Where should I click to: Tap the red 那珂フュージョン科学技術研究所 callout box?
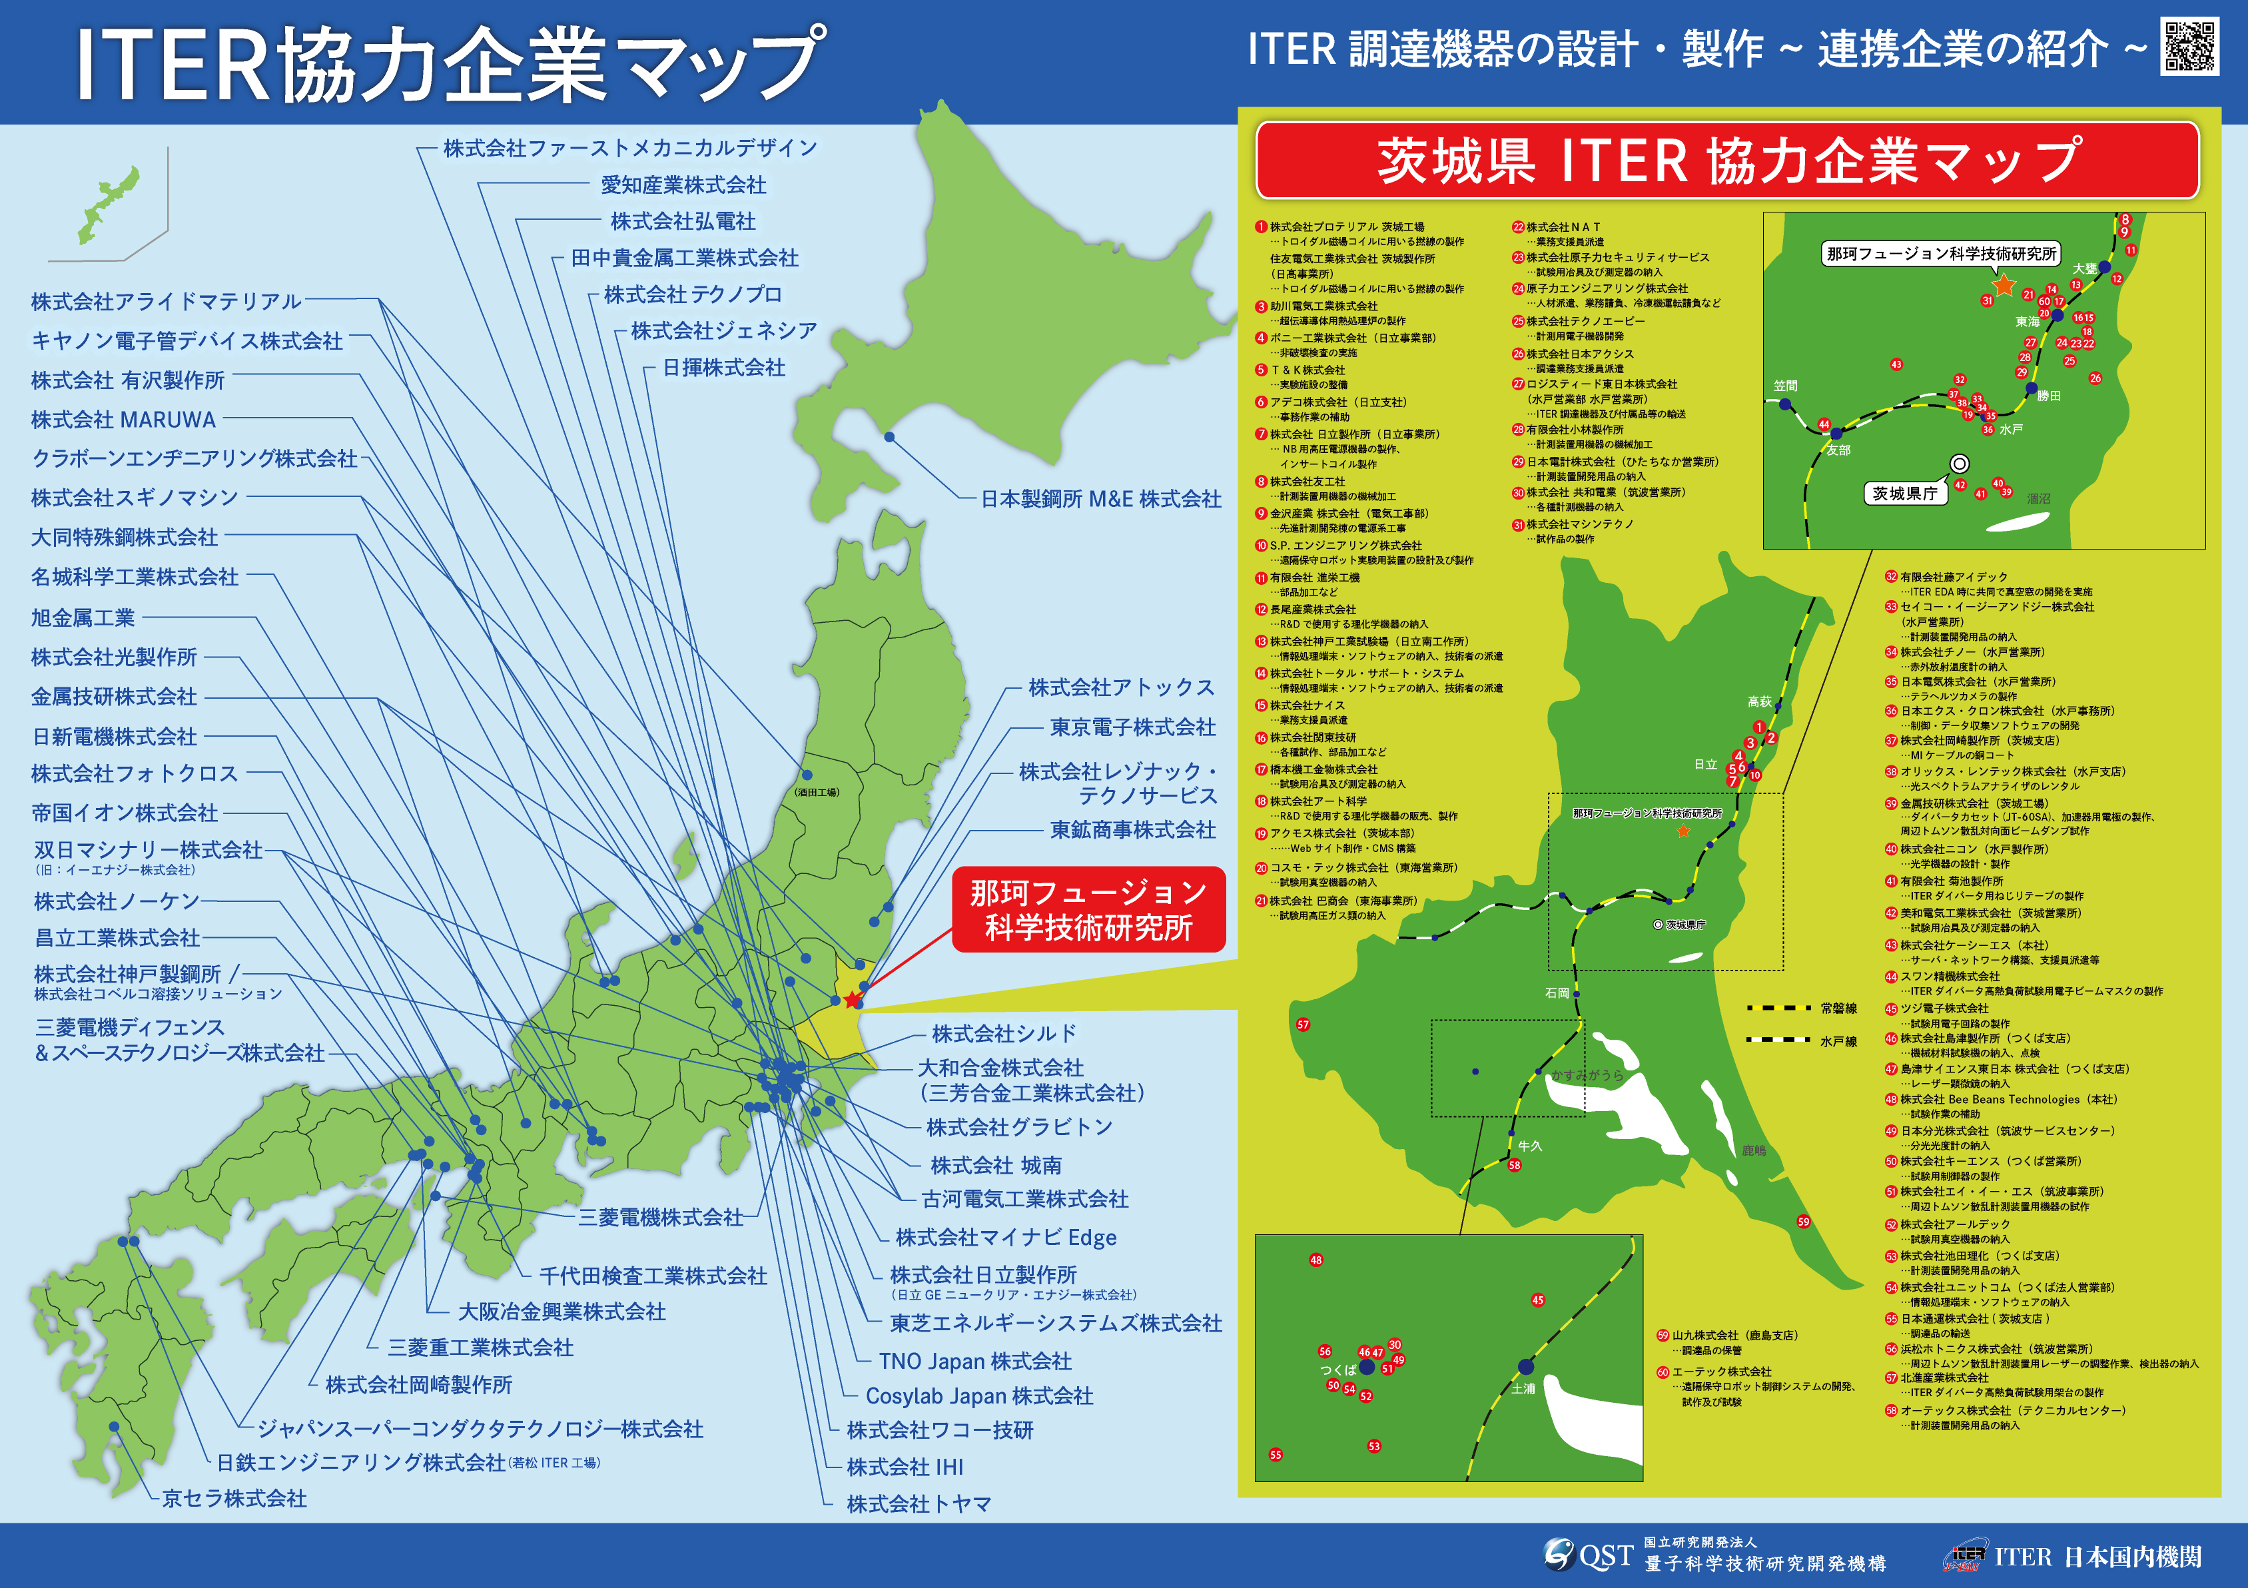click(x=1089, y=909)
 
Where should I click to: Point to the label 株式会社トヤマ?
click(x=919, y=1504)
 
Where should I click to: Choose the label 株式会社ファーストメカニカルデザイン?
click(x=629, y=148)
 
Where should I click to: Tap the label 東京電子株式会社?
click(x=1133, y=727)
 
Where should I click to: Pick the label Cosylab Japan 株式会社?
click(x=979, y=1396)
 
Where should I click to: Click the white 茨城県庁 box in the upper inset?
click(x=1904, y=494)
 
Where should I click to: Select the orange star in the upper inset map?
click(x=2004, y=285)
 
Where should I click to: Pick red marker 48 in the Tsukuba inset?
click(x=1316, y=1260)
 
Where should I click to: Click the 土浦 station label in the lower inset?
click(x=1523, y=1388)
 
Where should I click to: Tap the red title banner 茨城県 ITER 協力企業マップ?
click(x=1728, y=161)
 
